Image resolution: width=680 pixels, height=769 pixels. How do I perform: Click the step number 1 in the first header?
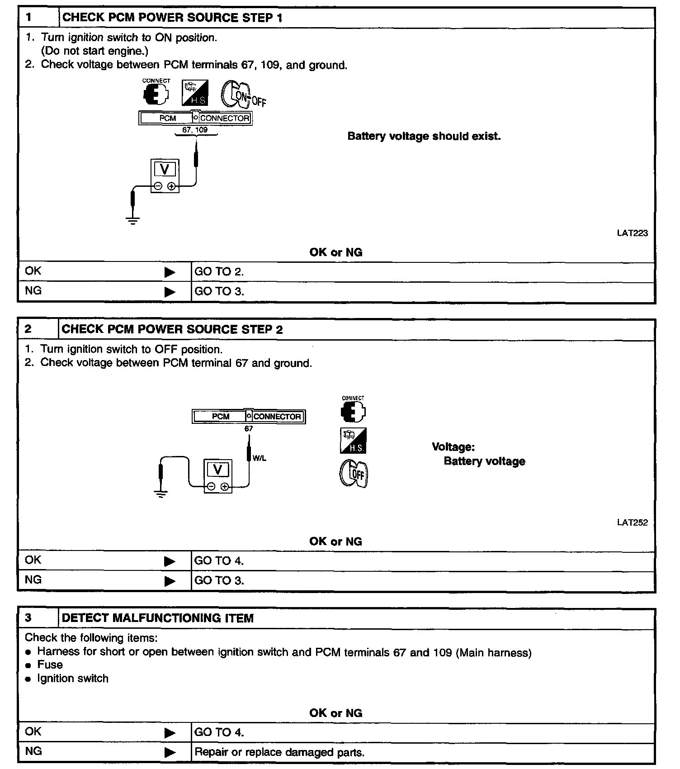tap(29, 18)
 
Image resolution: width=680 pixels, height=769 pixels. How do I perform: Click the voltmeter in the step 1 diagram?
tap(165, 176)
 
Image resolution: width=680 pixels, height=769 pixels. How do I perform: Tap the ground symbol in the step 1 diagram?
tap(133, 221)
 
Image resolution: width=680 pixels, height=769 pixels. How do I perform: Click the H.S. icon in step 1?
tap(195, 93)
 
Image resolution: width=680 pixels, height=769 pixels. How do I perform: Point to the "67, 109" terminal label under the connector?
tap(195, 130)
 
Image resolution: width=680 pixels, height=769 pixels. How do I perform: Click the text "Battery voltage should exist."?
tap(424, 136)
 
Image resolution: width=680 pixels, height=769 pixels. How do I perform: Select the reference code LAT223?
tap(632, 233)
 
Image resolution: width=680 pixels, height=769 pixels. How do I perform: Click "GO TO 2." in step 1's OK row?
tap(219, 272)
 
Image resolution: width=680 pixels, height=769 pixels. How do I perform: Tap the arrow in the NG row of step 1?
tap(170, 292)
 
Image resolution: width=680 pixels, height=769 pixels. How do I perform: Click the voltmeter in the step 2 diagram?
tap(218, 476)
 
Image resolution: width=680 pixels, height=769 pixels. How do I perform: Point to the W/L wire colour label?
tap(260, 458)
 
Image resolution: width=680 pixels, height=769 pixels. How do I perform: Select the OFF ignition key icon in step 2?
tap(354, 474)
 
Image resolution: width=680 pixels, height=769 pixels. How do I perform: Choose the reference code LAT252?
tap(632, 522)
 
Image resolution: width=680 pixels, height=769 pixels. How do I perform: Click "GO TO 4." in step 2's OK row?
tap(219, 561)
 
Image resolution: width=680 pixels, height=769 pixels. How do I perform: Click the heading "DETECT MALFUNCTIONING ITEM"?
tap(157, 618)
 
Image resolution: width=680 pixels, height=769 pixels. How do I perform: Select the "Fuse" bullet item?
tap(50, 665)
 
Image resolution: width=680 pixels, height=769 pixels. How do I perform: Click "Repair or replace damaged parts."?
tap(279, 753)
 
